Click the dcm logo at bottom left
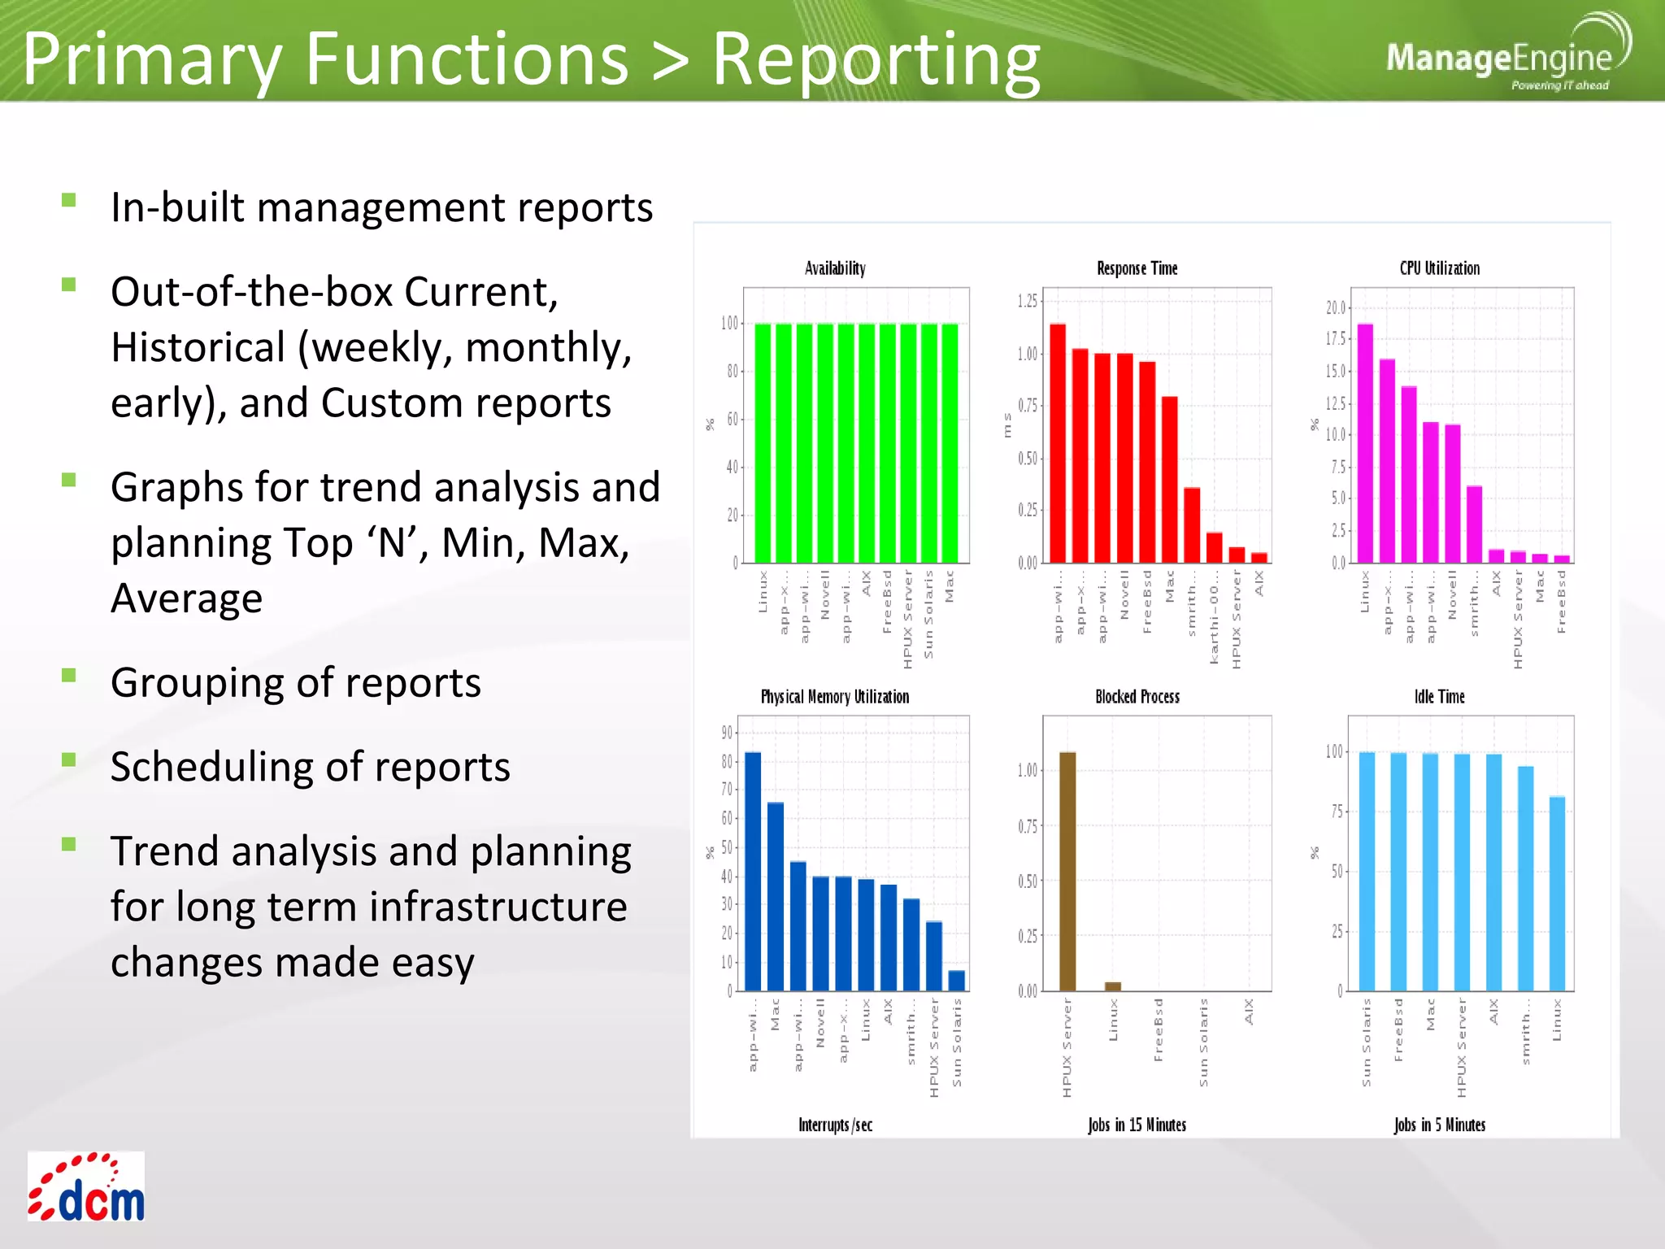pyautogui.click(x=86, y=1186)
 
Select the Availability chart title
pyautogui.click(x=835, y=268)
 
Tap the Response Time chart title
pyautogui.click(x=1137, y=268)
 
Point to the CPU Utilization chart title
pyautogui.click(x=1439, y=268)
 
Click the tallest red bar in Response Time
pyautogui.click(x=1057, y=443)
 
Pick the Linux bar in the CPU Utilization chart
pyautogui.click(x=1365, y=443)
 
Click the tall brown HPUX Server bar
pyautogui.click(x=1067, y=870)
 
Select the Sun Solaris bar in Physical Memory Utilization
pyautogui.click(x=957, y=980)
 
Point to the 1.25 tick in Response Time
pyautogui.click(x=1028, y=301)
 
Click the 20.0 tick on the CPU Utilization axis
pyautogui.click(x=1336, y=307)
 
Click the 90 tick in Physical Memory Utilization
pyautogui.click(x=727, y=733)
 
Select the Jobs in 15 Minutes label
pyautogui.click(x=1137, y=1125)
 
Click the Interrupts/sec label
pyautogui.click(x=835, y=1125)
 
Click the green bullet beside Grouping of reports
pyautogui.click(x=69, y=675)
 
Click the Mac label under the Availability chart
pyautogui.click(x=950, y=586)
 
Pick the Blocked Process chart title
pyautogui.click(x=1137, y=697)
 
